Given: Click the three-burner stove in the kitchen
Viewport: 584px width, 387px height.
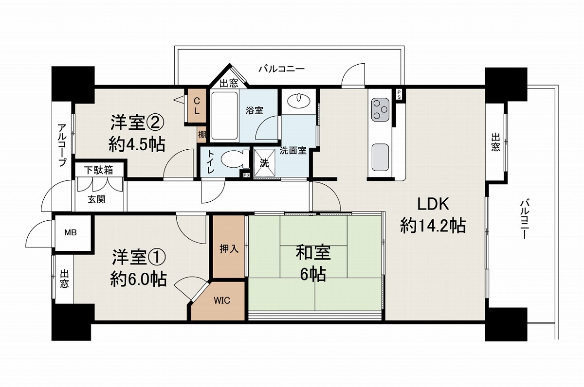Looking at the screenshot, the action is [380, 109].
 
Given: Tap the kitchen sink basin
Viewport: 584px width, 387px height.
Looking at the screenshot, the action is [380, 158].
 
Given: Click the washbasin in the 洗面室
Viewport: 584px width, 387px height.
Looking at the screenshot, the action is [298, 100].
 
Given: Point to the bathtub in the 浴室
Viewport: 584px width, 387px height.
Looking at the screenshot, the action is [224, 116].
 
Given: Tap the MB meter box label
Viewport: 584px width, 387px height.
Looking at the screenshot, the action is [71, 232].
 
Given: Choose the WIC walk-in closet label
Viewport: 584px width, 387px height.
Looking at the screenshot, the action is [222, 300].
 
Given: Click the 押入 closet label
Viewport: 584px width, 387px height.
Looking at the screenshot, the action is [229, 249].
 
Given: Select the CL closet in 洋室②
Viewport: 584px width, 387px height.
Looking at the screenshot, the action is [197, 106].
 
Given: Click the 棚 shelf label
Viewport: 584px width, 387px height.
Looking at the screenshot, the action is [202, 135].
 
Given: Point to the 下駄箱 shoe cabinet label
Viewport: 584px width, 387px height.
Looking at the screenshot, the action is [98, 170].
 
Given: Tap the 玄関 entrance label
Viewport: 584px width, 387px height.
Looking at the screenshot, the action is [96, 199].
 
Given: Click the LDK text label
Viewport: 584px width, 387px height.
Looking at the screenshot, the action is [433, 204].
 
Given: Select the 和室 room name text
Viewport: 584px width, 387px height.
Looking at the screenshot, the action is [313, 252].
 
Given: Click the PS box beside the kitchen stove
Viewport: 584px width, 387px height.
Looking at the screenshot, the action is [399, 94].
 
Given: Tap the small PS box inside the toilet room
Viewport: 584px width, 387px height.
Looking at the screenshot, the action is [246, 175].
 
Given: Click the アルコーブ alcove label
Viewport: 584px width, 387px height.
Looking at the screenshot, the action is [62, 145].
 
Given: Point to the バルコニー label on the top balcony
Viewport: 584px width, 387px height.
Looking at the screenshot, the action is [281, 69].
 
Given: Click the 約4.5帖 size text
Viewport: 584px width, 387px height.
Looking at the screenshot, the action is [137, 144].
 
